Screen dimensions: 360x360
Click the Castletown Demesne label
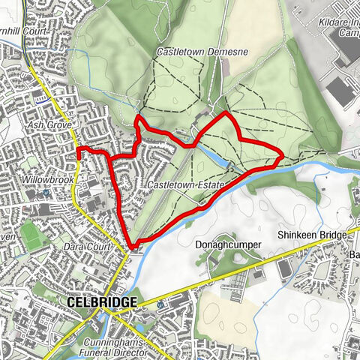192,52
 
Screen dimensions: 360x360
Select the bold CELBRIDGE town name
101,301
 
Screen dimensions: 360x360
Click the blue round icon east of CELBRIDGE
160,305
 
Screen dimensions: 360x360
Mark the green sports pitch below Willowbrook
31,235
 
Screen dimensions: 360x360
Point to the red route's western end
79,151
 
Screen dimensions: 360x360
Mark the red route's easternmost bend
281,157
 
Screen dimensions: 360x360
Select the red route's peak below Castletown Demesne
227,113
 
